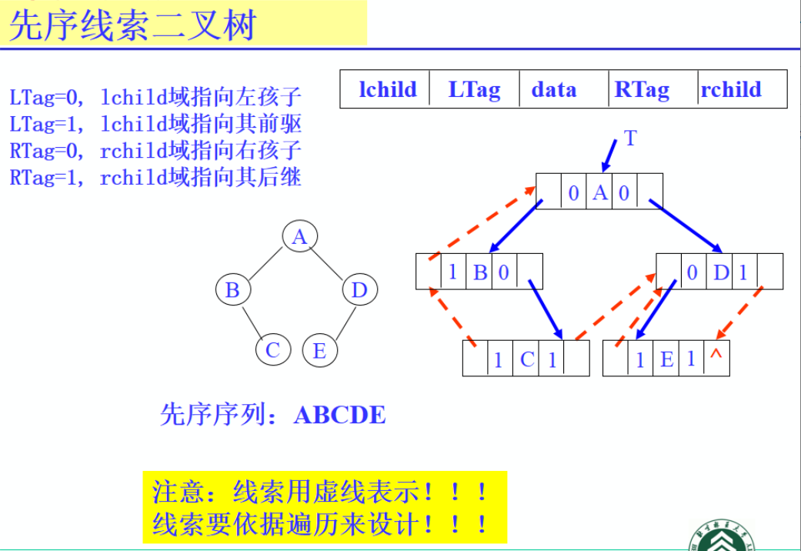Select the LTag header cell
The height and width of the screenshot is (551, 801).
point(474,90)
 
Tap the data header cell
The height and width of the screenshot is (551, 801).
point(553,90)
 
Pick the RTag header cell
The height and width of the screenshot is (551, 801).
point(642,90)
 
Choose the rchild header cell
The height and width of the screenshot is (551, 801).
point(731,90)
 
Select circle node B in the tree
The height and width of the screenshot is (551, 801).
point(232,290)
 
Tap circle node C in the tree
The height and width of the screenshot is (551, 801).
point(272,351)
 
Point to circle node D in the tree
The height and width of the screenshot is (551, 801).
point(359,290)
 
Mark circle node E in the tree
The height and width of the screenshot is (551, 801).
point(319,351)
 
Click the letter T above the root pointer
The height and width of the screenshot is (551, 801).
point(630,139)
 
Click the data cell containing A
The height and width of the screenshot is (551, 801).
point(600,192)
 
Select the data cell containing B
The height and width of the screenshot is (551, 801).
point(480,272)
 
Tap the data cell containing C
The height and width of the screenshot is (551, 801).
point(527,359)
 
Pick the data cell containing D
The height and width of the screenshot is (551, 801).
point(721,272)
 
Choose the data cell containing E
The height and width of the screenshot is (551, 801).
point(666,359)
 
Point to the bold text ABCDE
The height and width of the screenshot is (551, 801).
point(339,416)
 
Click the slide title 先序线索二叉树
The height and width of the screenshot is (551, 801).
point(132,25)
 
